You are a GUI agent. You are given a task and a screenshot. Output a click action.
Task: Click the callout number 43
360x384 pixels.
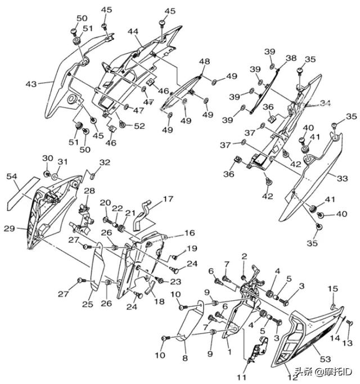[31, 84]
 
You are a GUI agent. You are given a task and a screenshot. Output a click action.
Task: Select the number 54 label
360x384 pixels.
[12, 177]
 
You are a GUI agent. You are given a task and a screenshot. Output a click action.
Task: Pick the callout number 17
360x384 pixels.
[169, 198]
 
